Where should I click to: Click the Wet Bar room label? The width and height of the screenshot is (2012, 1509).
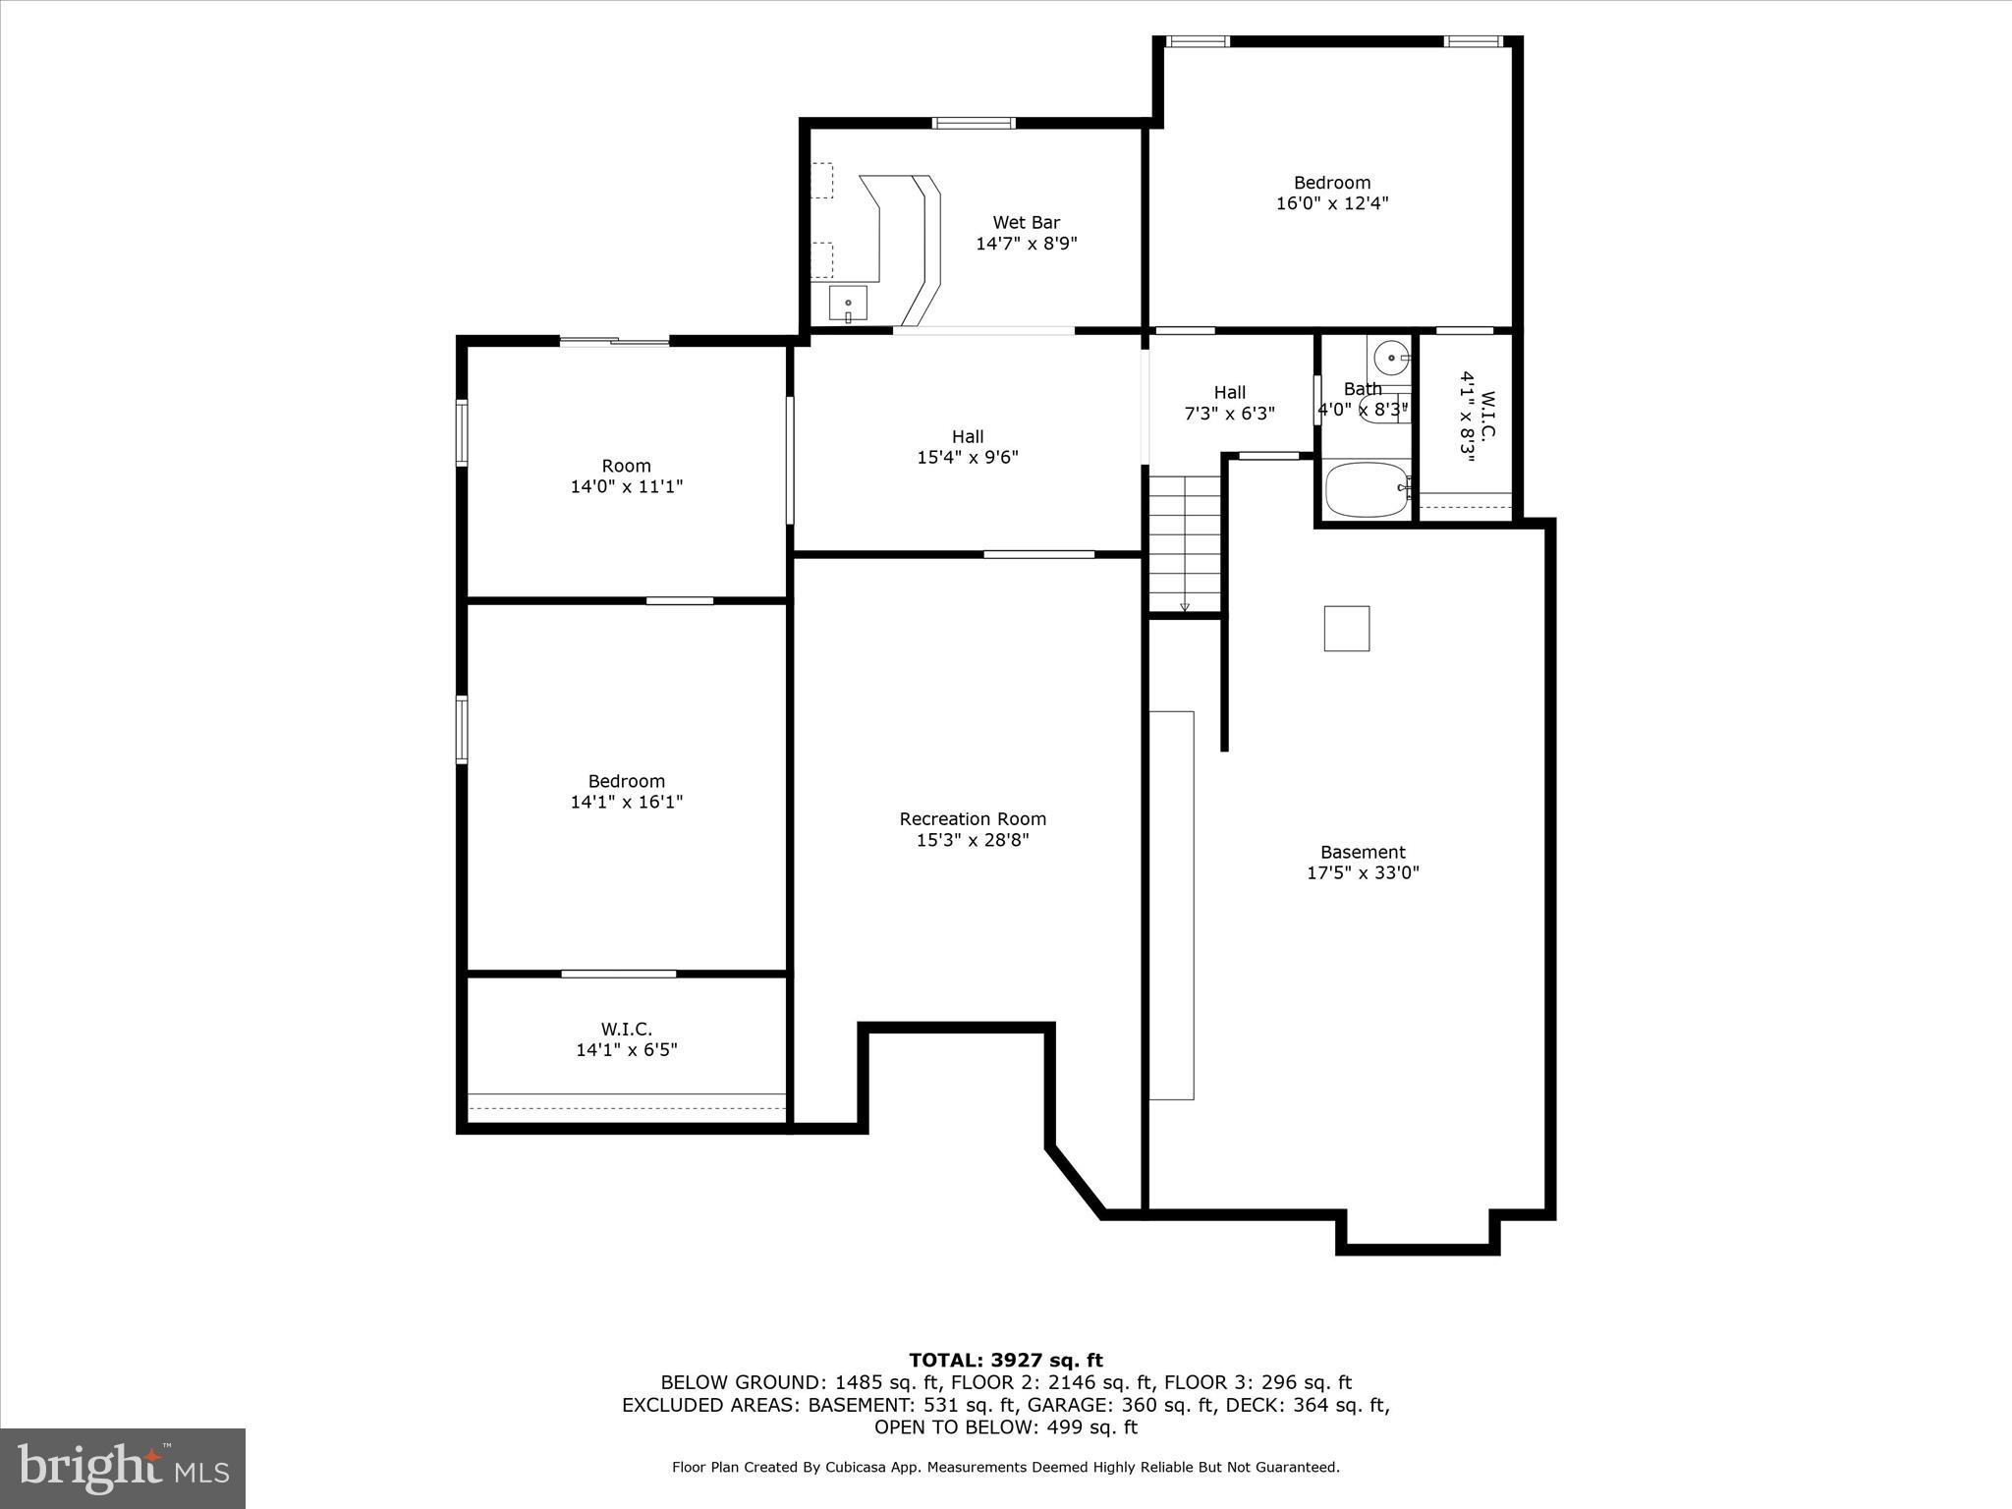point(1026,223)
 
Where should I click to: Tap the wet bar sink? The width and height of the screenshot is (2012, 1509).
point(847,304)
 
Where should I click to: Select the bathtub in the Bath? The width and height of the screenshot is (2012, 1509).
point(1367,489)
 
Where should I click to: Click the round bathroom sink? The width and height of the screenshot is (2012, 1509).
point(1391,357)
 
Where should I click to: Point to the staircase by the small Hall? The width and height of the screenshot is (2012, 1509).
point(1185,543)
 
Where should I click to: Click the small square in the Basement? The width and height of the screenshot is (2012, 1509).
point(1346,629)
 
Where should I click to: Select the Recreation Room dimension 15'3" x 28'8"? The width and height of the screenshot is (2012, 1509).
point(973,840)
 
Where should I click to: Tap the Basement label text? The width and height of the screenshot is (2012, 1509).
point(1363,852)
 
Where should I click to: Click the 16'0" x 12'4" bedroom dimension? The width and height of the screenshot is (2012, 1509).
point(1332,203)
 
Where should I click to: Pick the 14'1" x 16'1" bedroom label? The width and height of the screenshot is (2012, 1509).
point(627,792)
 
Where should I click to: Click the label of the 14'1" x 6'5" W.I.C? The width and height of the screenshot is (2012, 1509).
point(627,1039)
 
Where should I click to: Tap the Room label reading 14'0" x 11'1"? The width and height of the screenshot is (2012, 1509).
point(627,476)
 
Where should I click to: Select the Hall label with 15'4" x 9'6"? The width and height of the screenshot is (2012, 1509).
point(968,447)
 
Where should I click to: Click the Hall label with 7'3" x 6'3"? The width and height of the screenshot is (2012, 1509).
point(1229,403)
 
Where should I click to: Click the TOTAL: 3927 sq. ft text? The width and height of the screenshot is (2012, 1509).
point(1006,1361)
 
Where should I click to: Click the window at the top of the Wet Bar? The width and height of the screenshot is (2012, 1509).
point(973,123)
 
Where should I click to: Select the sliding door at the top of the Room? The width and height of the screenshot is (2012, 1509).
point(615,341)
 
